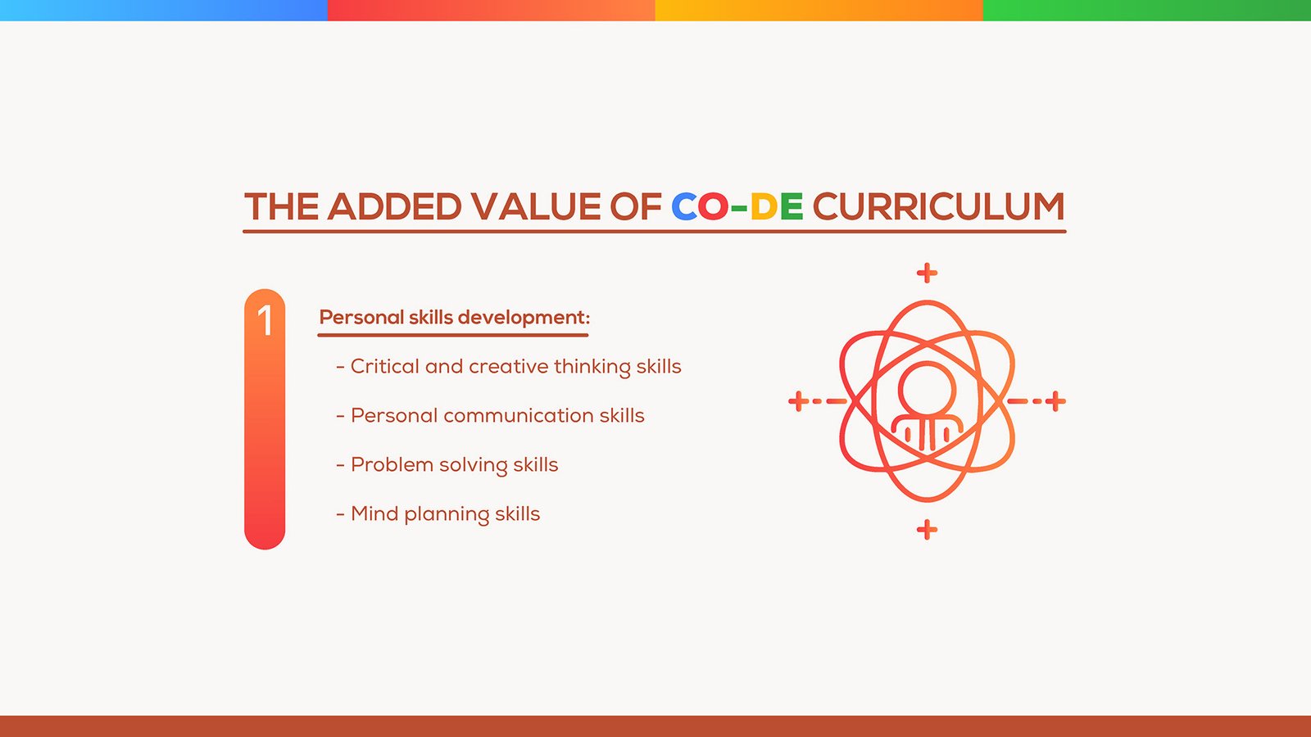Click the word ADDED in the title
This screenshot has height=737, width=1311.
point(394,206)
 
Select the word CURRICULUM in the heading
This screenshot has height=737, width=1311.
point(938,206)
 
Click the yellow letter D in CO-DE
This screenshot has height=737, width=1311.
point(764,206)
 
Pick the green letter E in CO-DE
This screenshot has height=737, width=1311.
point(792,206)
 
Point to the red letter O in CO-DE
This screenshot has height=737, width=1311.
point(713,206)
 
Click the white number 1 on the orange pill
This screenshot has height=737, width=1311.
point(265,320)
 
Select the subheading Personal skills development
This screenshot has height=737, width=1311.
point(454,318)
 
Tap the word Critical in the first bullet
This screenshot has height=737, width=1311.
point(384,366)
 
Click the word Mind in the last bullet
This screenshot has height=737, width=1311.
point(374,513)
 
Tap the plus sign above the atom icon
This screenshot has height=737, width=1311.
point(927,274)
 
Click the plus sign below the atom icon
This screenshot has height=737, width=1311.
point(927,530)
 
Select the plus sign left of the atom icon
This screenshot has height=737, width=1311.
point(799,401)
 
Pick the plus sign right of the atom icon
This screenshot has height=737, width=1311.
point(1055,401)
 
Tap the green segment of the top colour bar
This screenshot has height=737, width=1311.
point(1147,11)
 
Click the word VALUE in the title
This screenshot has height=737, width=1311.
point(536,206)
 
